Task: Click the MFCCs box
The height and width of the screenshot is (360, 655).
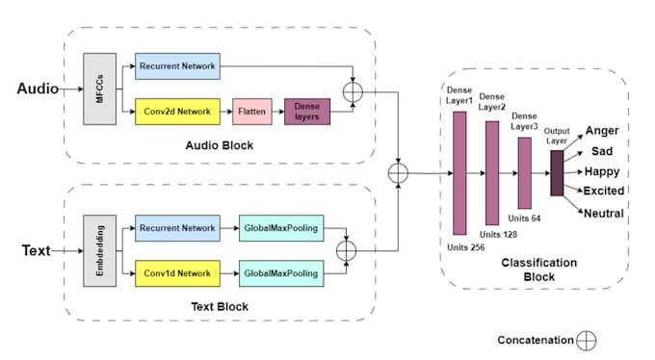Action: pyautogui.click(x=100, y=89)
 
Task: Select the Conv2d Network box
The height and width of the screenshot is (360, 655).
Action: pyautogui.click(x=177, y=112)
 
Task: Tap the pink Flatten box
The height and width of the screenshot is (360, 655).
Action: pyautogui.click(x=252, y=112)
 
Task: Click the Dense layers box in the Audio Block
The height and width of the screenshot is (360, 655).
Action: pyautogui.click(x=307, y=112)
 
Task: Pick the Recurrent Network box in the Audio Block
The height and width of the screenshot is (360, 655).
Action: pyautogui.click(x=177, y=66)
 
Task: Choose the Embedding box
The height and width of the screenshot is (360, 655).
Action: pyautogui.click(x=100, y=250)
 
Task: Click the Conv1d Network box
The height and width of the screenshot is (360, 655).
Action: pyautogui.click(x=177, y=273)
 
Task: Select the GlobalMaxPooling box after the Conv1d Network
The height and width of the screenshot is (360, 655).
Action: pyautogui.click(x=281, y=273)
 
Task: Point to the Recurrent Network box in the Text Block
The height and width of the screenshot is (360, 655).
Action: pyautogui.click(x=177, y=228)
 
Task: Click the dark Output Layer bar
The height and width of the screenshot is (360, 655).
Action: pyautogui.click(x=557, y=173)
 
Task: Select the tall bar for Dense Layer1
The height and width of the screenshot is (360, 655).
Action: pyautogui.click(x=459, y=173)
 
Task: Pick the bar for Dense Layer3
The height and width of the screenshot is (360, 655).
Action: pyautogui.click(x=525, y=173)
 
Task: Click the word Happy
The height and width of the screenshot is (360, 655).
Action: pyautogui.click(x=601, y=171)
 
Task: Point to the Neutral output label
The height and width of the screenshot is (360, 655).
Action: pyautogui.click(x=604, y=214)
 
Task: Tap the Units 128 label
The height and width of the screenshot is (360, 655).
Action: pyautogui.click(x=498, y=234)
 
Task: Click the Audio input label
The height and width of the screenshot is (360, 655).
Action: pyautogui.click(x=38, y=89)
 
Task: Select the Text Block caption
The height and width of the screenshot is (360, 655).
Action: pyautogui.click(x=220, y=306)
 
